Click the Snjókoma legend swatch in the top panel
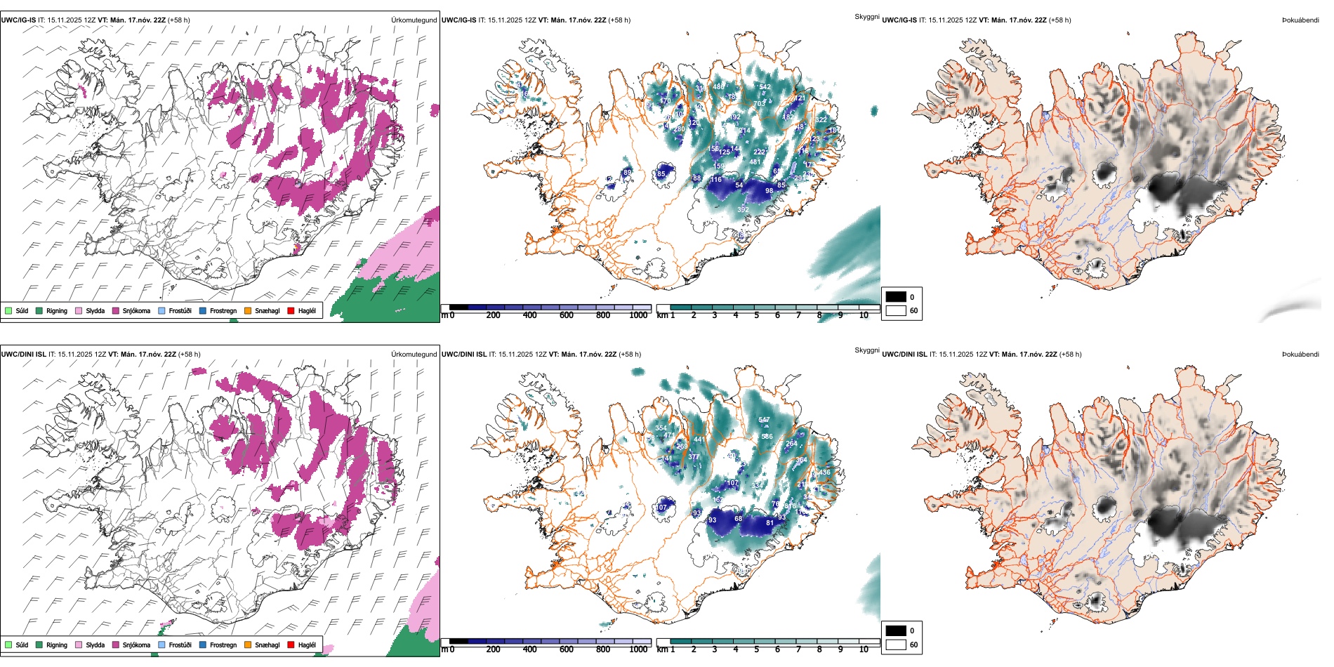click(115, 310)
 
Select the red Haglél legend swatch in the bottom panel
click(291, 645)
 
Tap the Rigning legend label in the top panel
click(57, 310)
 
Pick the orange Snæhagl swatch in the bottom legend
click(248, 645)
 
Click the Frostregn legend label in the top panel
click(223, 310)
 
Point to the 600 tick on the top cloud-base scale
click(566, 315)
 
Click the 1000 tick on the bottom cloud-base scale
click(638, 649)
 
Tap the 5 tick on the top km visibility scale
click(756, 315)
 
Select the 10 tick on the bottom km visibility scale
click(864, 649)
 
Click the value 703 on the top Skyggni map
click(759, 104)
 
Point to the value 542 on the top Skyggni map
click(765, 87)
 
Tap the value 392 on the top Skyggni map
click(743, 210)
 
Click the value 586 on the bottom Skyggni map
click(767, 437)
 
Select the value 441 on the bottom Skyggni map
click(699, 440)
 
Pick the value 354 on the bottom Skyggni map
click(661, 428)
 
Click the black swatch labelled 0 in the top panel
click(896, 296)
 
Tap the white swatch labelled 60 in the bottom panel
click(896, 645)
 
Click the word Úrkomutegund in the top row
click(414, 20)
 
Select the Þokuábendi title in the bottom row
click(1300, 354)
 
